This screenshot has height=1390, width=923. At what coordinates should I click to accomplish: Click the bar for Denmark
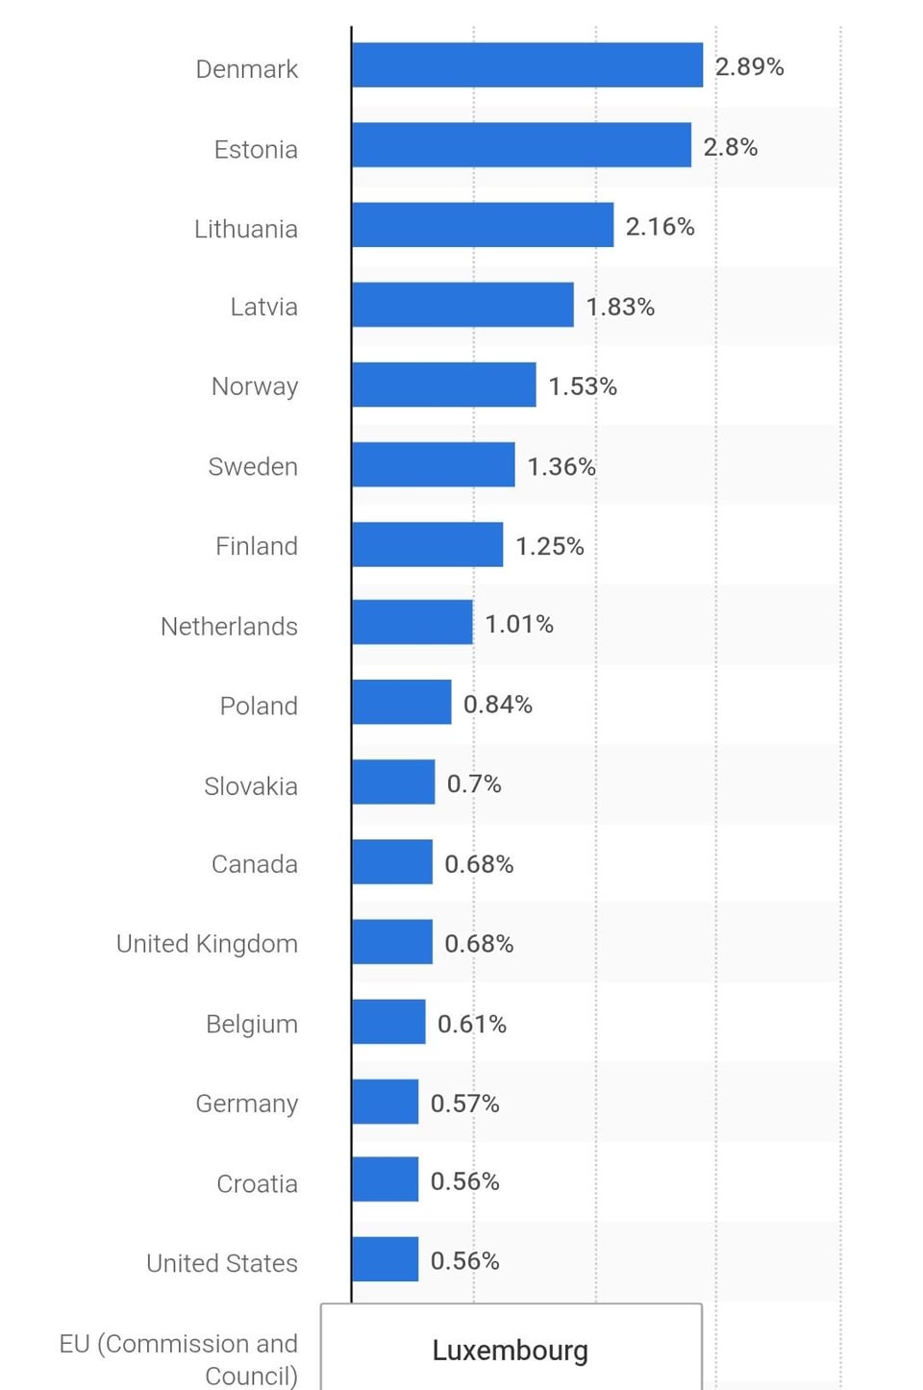pyautogui.click(x=527, y=65)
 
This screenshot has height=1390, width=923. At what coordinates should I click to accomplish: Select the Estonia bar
pyautogui.click(x=521, y=145)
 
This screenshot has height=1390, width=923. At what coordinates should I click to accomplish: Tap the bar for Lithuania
pyautogui.click(x=483, y=225)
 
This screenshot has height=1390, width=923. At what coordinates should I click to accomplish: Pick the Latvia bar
pyautogui.click(x=462, y=305)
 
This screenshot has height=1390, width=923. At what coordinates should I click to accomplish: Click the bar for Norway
pyautogui.click(x=443, y=385)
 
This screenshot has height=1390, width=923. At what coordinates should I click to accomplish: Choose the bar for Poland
pyautogui.click(x=401, y=703)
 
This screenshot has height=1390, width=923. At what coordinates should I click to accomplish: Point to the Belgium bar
pyautogui.click(x=388, y=1022)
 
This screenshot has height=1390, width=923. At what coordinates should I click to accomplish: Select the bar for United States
pyautogui.click(x=385, y=1259)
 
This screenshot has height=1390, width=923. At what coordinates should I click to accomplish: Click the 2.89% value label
pyautogui.click(x=749, y=66)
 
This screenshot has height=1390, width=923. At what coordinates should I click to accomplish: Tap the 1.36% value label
pyautogui.click(x=561, y=466)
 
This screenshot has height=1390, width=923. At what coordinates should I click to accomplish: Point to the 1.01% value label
pyautogui.click(x=519, y=625)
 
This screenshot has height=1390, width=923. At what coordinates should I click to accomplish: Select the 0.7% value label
pyautogui.click(x=474, y=784)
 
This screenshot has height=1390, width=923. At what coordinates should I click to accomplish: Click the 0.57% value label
pyautogui.click(x=464, y=1104)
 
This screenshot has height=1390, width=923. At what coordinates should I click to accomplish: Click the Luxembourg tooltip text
pyautogui.click(x=510, y=1351)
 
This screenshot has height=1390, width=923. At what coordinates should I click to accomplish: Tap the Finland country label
pyautogui.click(x=257, y=546)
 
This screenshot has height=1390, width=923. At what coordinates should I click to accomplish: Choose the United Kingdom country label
pyautogui.click(x=207, y=944)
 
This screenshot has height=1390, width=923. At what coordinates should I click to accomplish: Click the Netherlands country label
pyautogui.click(x=229, y=627)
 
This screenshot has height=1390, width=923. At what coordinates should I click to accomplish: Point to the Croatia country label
pyautogui.click(x=257, y=1183)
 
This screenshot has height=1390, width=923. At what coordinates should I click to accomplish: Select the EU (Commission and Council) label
pyautogui.click(x=179, y=1359)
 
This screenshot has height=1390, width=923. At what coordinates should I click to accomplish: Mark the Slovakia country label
pyautogui.click(x=251, y=786)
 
